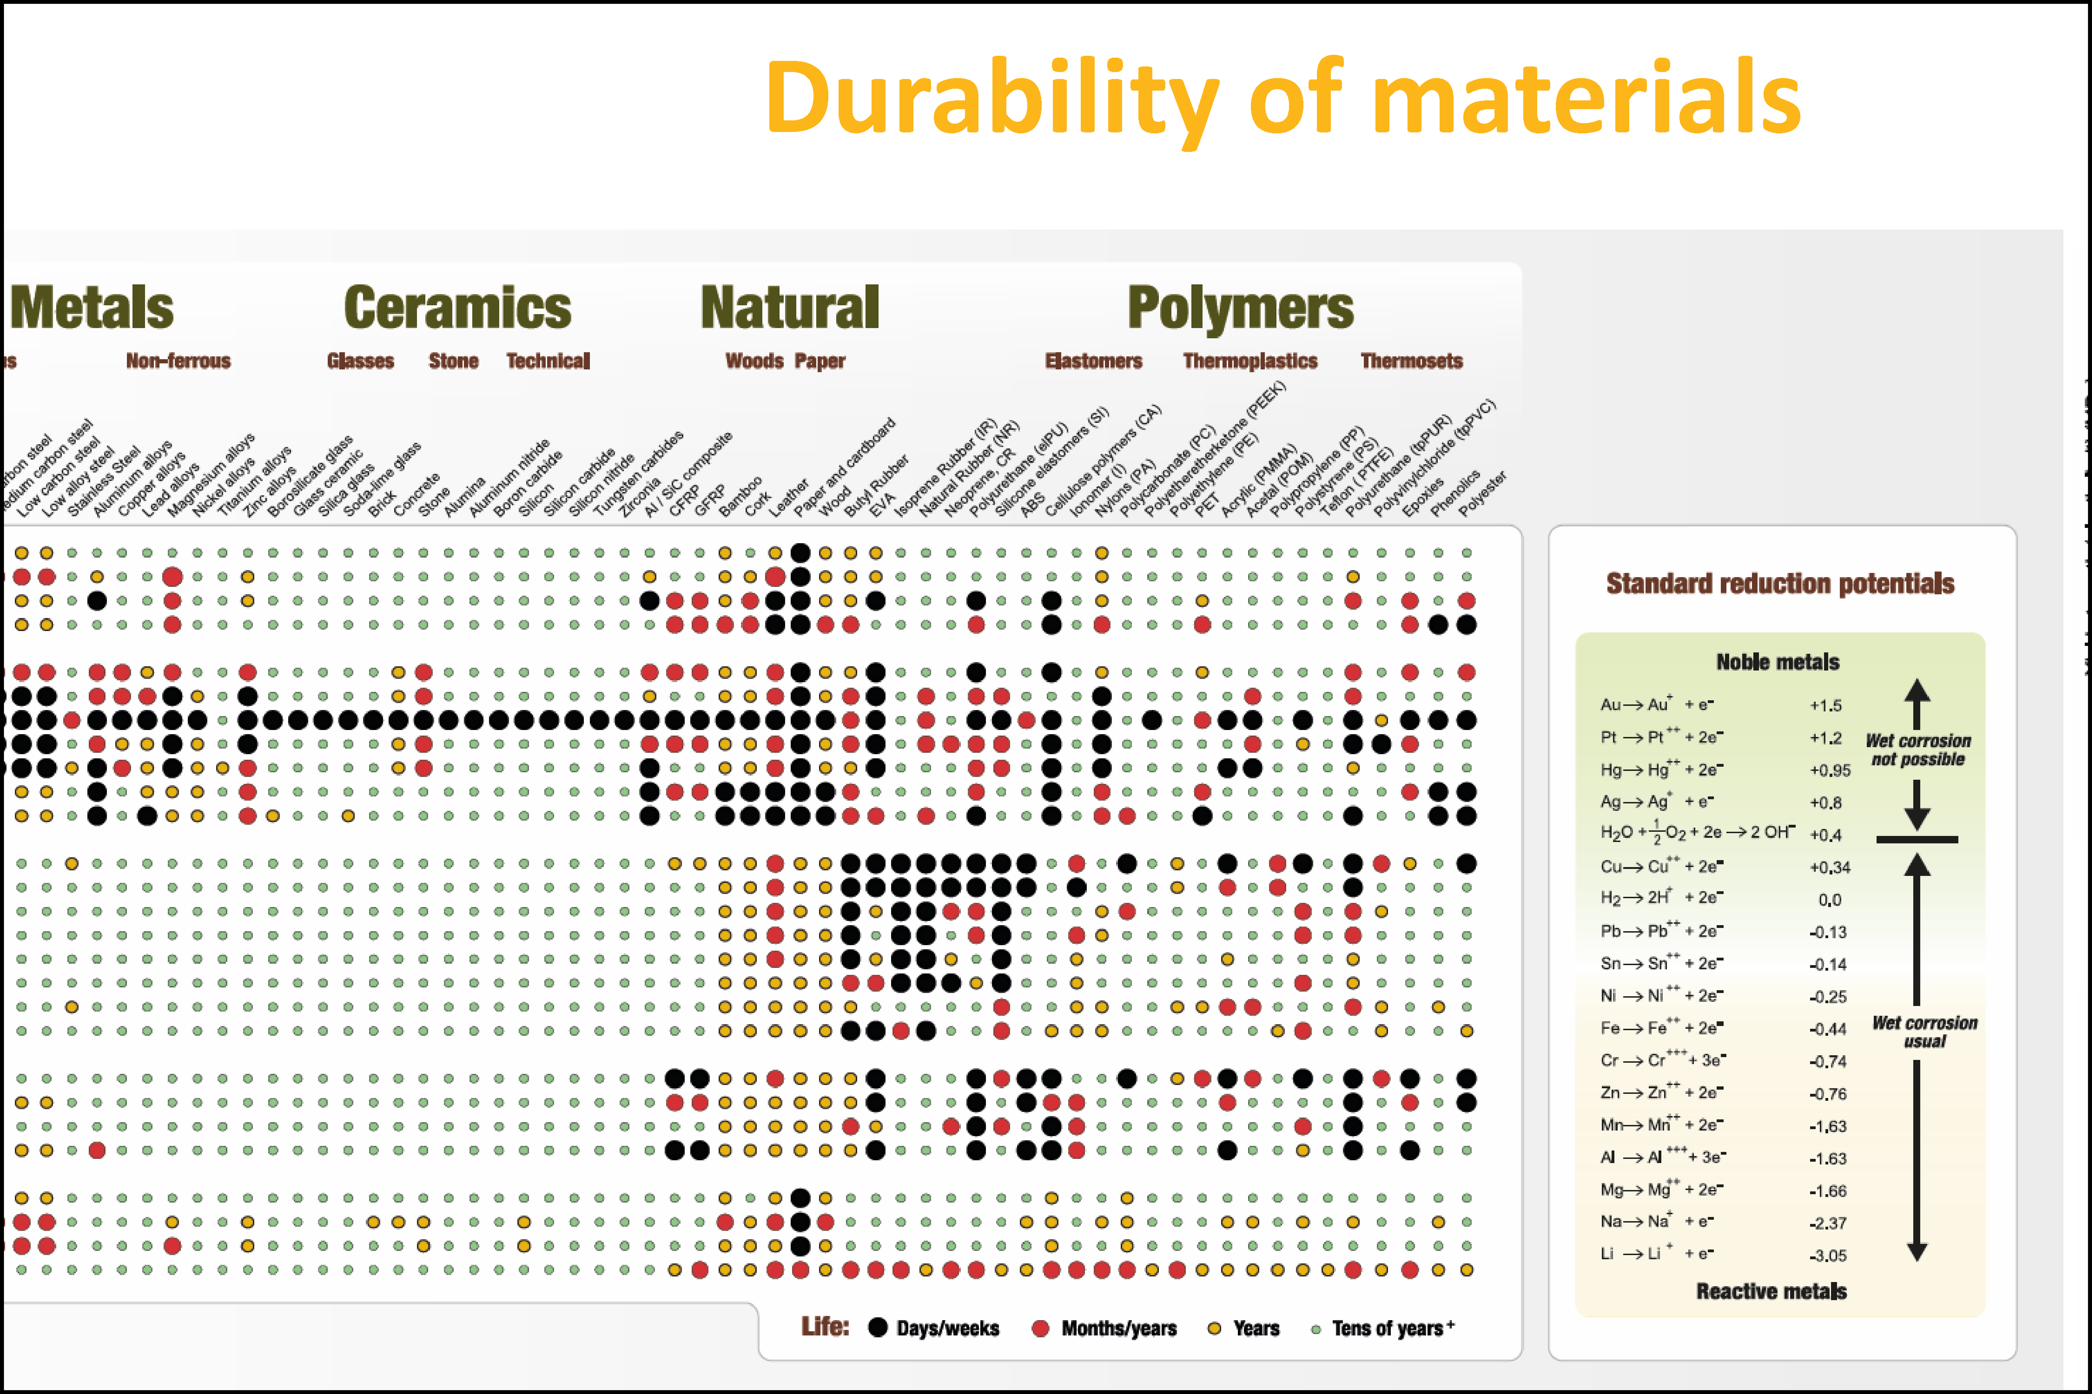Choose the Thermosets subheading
[1411, 361]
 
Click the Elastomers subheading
[1094, 361]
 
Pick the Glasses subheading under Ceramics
[360, 361]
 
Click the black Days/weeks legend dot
[878, 1327]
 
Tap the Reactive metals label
[1771, 1291]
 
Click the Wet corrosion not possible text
[1918, 750]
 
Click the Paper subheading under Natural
[820, 361]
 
